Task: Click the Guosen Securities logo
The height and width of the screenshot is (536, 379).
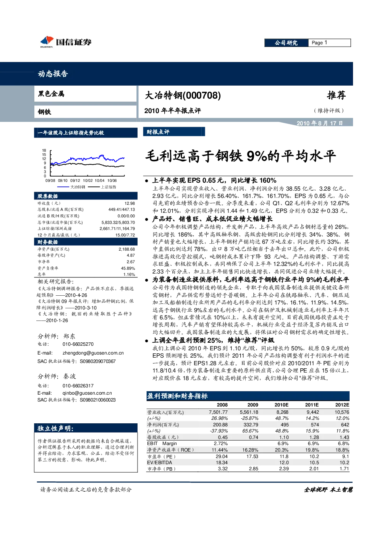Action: pyautogui.click(x=66, y=42)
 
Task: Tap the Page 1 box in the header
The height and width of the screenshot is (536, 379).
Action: pyautogui.click(x=329, y=43)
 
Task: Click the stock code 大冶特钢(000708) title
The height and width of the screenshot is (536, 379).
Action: pyautogui.click(x=183, y=96)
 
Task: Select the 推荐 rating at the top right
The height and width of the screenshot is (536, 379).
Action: pyautogui.click(x=336, y=95)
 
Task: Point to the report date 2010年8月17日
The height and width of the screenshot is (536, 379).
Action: pyautogui.click(x=320, y=123)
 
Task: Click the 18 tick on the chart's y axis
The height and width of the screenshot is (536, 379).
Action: pyautogui.click(x=44, y=150)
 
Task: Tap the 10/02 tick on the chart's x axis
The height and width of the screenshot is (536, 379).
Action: pyautogui.click(x=87, y=181)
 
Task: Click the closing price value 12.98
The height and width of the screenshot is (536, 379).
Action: pyautogui.click(x=130, y=203)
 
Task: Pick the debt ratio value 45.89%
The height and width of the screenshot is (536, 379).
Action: pyautogui.click(x=128, y=268)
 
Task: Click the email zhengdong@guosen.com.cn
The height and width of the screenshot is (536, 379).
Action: pyautogui.click(x=93, y=353)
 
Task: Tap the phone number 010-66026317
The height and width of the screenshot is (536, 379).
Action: pyautogui.click(x=78, y=386)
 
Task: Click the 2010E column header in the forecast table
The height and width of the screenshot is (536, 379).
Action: pyautogui.click(x=281, y=405)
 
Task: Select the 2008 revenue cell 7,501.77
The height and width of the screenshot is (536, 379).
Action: pyautogui.click(x=218, y=412)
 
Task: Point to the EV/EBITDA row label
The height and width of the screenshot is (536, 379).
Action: pyautogui.click(x=159, y=463)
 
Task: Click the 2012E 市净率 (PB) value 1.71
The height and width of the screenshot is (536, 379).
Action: pyautogui.click(x=344, y=469)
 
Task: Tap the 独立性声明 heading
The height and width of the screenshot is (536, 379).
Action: pyautogui.click(x=55, y=428)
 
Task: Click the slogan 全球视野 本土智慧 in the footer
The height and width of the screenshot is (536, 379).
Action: pyautogui.click(x=328, y=490)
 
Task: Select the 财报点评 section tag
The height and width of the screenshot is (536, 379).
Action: pyautogui.click(x=158, y=132)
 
